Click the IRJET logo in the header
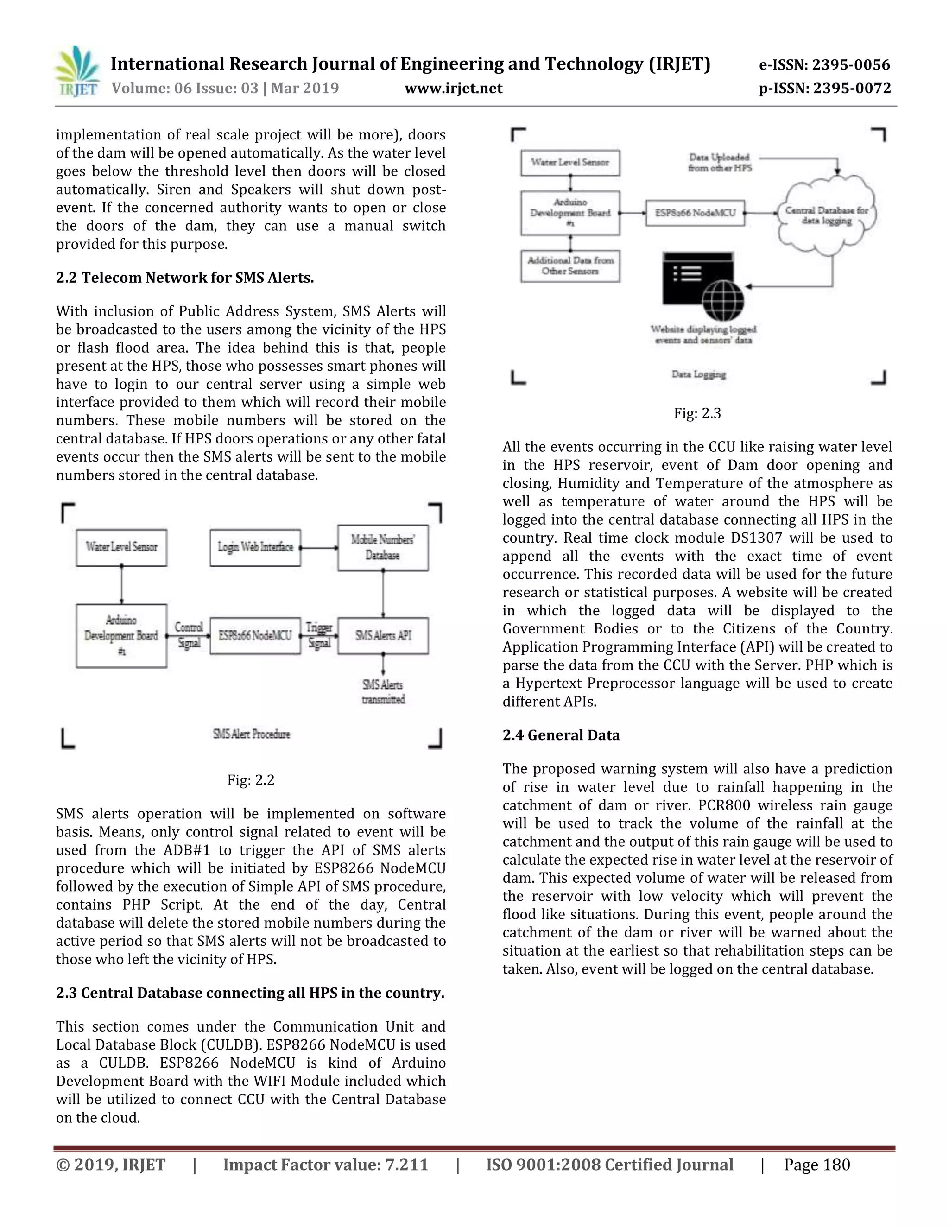click(77, 72)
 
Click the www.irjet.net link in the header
click(453, 88)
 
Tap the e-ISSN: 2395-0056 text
click(824, 65)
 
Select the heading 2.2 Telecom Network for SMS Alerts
click(185, 278)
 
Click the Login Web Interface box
click(255, 547)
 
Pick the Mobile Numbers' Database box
click(383, 548)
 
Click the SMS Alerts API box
click(383, 635)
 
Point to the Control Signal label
click(189, 635)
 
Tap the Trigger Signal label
click(319, 635)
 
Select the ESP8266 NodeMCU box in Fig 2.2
click(255, 635)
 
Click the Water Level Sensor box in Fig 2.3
click(570, 163)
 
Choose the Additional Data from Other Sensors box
click(570, 266)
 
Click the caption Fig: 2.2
click(251, 780)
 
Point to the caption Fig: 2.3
click(697, 413)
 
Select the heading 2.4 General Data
click(561, 735)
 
